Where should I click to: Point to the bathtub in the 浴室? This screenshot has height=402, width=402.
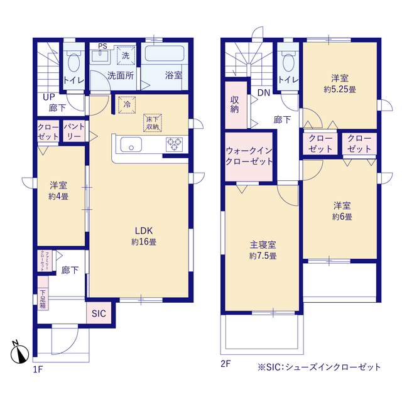[165, 54]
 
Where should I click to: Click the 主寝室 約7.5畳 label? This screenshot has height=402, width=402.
[263, 250]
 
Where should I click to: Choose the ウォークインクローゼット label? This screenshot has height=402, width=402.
[249, 156]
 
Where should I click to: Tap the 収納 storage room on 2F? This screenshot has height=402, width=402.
[235, 105]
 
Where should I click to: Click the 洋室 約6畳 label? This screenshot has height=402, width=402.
[342, 210]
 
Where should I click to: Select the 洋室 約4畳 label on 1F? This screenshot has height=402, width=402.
[59, 190]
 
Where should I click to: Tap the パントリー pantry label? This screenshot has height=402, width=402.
[73, 132]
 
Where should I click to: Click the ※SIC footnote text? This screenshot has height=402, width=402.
[318, 367]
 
